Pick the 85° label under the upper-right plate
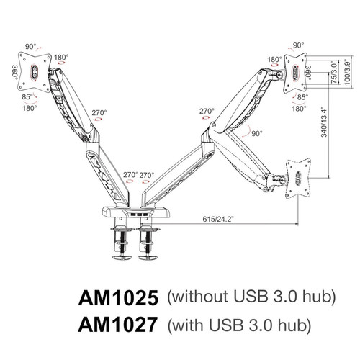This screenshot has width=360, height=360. (x=302, y=97)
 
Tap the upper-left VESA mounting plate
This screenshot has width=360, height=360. (x=34, y=73)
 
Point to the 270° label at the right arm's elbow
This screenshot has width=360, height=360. (x=207, y=111)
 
